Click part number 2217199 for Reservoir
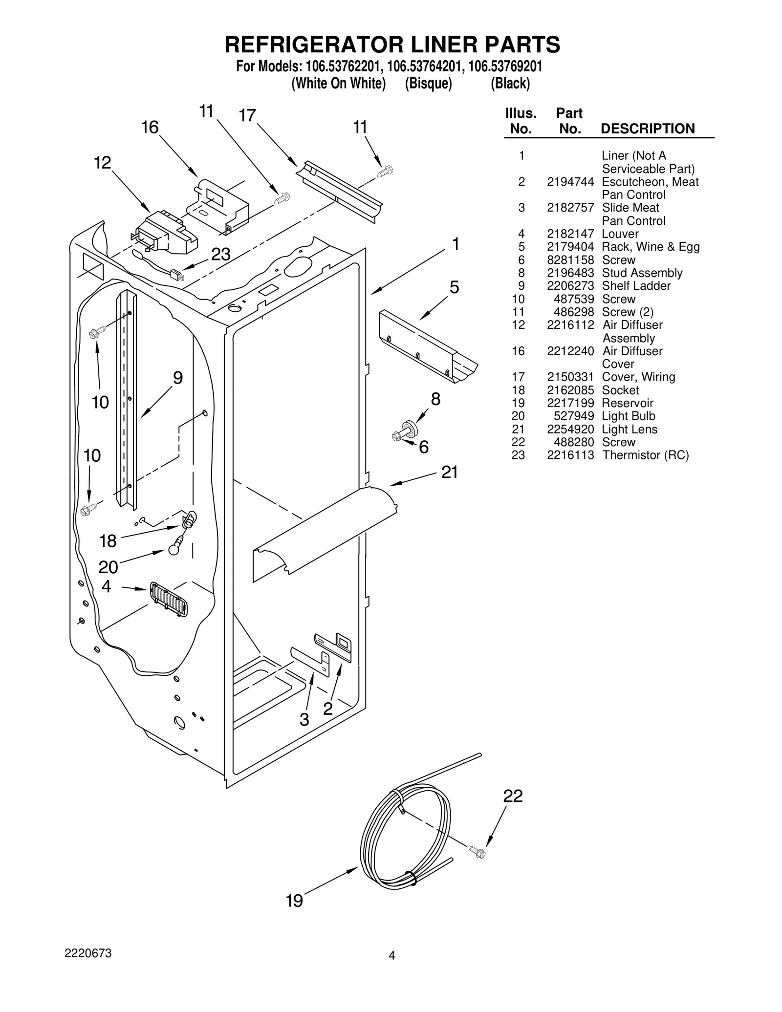[x=570, y=403]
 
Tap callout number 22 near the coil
[x=513, y=797]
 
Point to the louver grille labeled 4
[x=169, y=599]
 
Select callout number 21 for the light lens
[x=450, y=472]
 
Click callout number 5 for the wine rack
[x=454, y=287]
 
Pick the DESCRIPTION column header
[x=647, y=129]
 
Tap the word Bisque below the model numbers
[x=428, y=84]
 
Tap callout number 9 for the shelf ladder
[x=178, y=378]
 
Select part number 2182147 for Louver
[x=570, y=234]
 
